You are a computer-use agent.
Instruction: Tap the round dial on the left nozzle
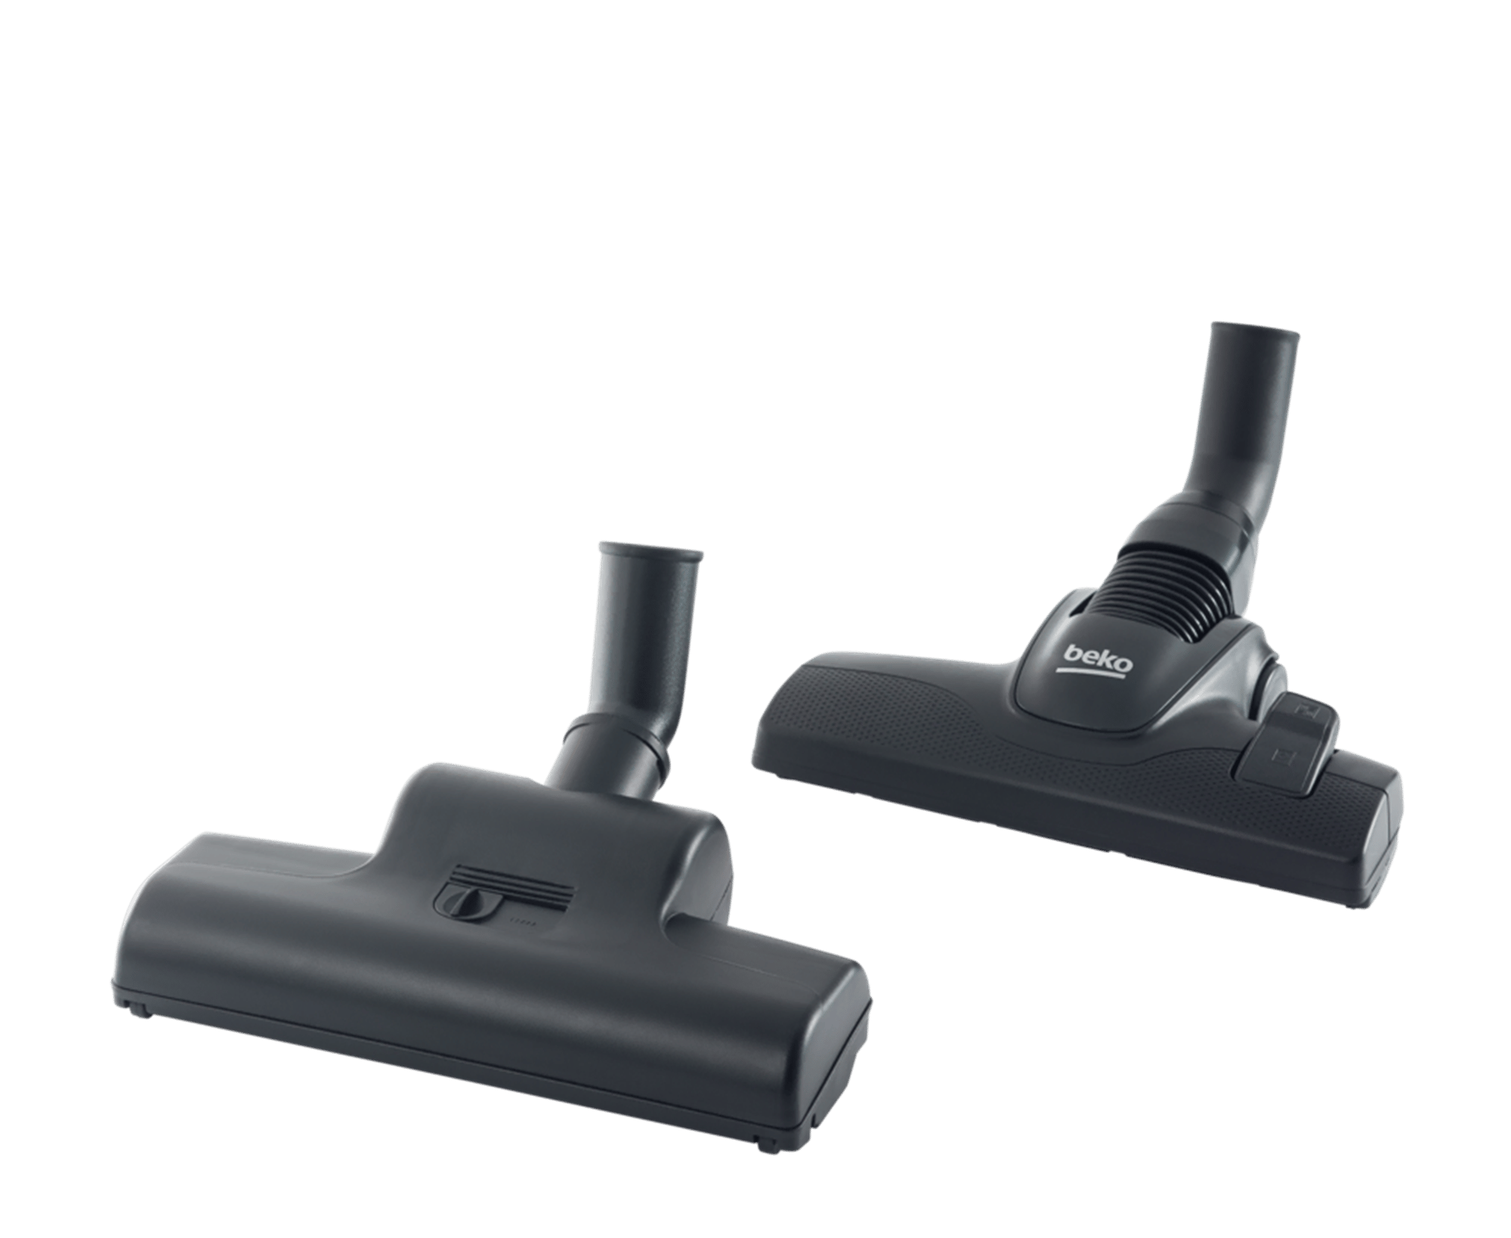click(x=464, y=904)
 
